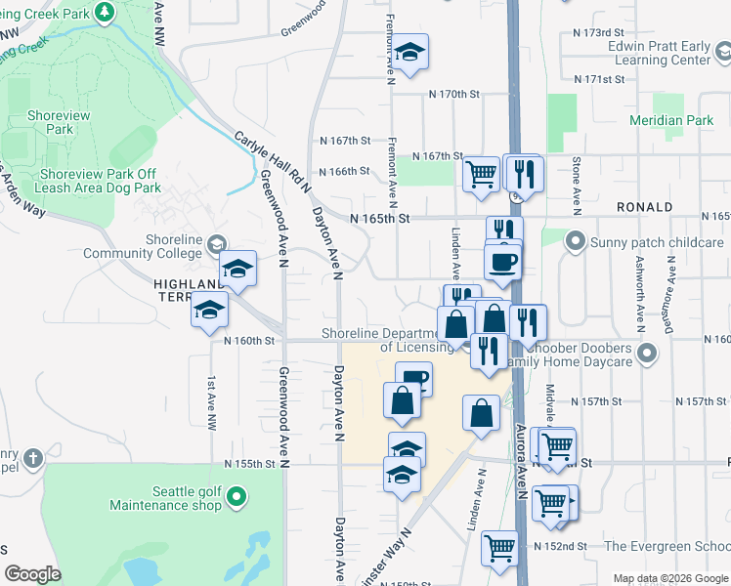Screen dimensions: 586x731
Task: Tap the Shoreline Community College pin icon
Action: point(216,242)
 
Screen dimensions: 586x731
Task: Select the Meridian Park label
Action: point(685,120)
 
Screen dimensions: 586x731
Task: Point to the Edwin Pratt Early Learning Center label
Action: point(658,53)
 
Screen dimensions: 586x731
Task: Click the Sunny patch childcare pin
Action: point(576,240)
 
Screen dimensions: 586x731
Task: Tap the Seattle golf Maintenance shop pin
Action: point(236,499)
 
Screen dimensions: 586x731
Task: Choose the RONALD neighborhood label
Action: point(644,207)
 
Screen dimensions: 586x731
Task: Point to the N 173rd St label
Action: point(597,33)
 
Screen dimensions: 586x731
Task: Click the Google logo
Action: point(33,574)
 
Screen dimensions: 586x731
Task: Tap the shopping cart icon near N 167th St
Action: point(482,175)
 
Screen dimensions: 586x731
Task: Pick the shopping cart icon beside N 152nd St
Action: point(500,548)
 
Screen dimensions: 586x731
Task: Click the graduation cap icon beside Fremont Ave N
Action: point(410,52)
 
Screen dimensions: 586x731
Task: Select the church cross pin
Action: point(32,458)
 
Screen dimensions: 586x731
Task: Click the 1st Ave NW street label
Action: point(211,403)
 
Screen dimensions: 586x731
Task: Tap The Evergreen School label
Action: point(666,546)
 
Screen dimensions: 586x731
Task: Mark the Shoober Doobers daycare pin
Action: point(644,352)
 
